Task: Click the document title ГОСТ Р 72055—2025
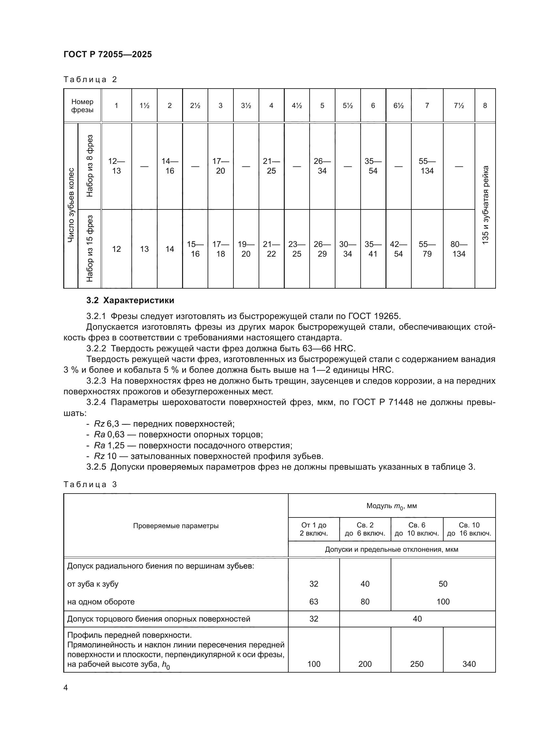[108, 55]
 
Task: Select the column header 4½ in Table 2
[297, 106]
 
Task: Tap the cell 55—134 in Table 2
[427, 166]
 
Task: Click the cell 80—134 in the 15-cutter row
[459, 249]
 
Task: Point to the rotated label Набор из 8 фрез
[90, 166]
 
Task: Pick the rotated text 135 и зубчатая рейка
[485, 205]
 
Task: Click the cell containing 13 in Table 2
[144, 249]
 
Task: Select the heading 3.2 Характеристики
[130, 300]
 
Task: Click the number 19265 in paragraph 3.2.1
[387, 316]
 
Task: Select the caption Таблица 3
[90, 484]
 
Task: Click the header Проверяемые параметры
[176, 526]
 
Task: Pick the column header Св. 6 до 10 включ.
[416, 529]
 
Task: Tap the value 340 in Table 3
[469, 664]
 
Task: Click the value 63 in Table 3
[314, 602]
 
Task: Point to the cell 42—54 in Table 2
[398, 249]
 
